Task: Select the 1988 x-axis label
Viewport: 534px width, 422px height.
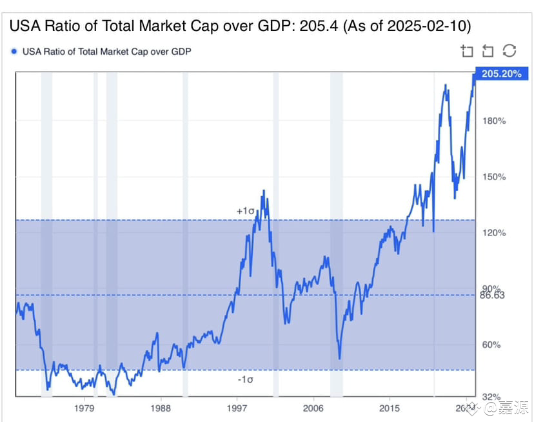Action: tap(161, 408)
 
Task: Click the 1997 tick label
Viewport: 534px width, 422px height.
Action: tap(237, 408)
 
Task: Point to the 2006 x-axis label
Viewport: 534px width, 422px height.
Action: tap(313, 408)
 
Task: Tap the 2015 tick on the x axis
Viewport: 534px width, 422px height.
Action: tap(389, 408)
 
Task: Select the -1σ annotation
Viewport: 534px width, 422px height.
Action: tap(245, 380)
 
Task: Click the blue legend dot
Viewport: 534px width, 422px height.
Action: tap(14, 50)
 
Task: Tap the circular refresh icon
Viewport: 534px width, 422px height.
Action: tap(509, 51)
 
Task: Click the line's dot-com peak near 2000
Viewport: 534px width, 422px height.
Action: tap(263, 191)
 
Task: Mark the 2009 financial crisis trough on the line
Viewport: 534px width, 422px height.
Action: tap(339, 359)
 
